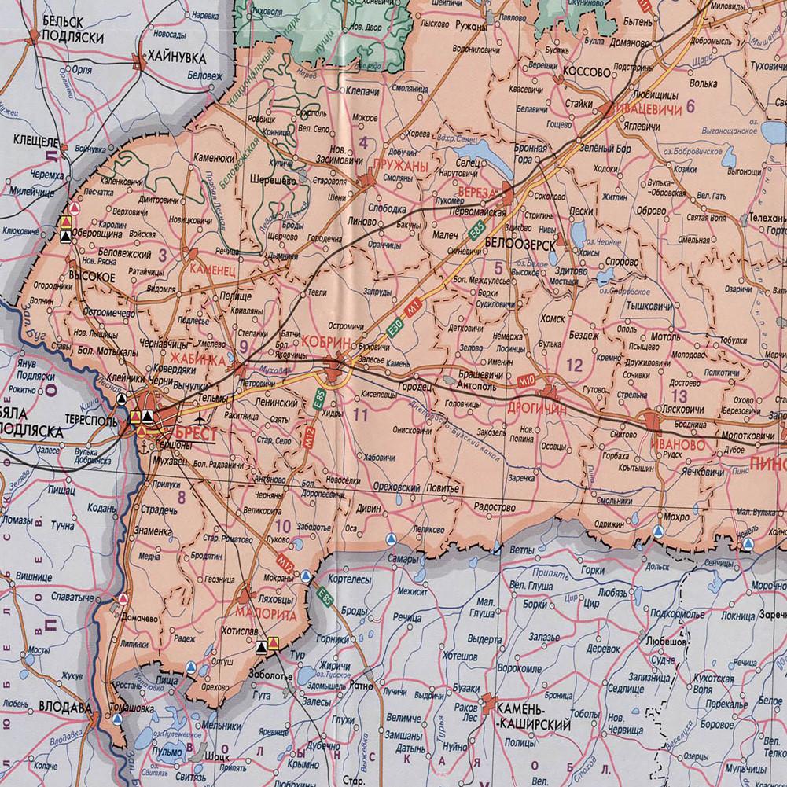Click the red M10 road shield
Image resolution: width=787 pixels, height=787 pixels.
pyautogui.click(x=527, y=381)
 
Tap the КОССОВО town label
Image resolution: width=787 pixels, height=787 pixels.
pyautogui.click(x=587, y=72)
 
